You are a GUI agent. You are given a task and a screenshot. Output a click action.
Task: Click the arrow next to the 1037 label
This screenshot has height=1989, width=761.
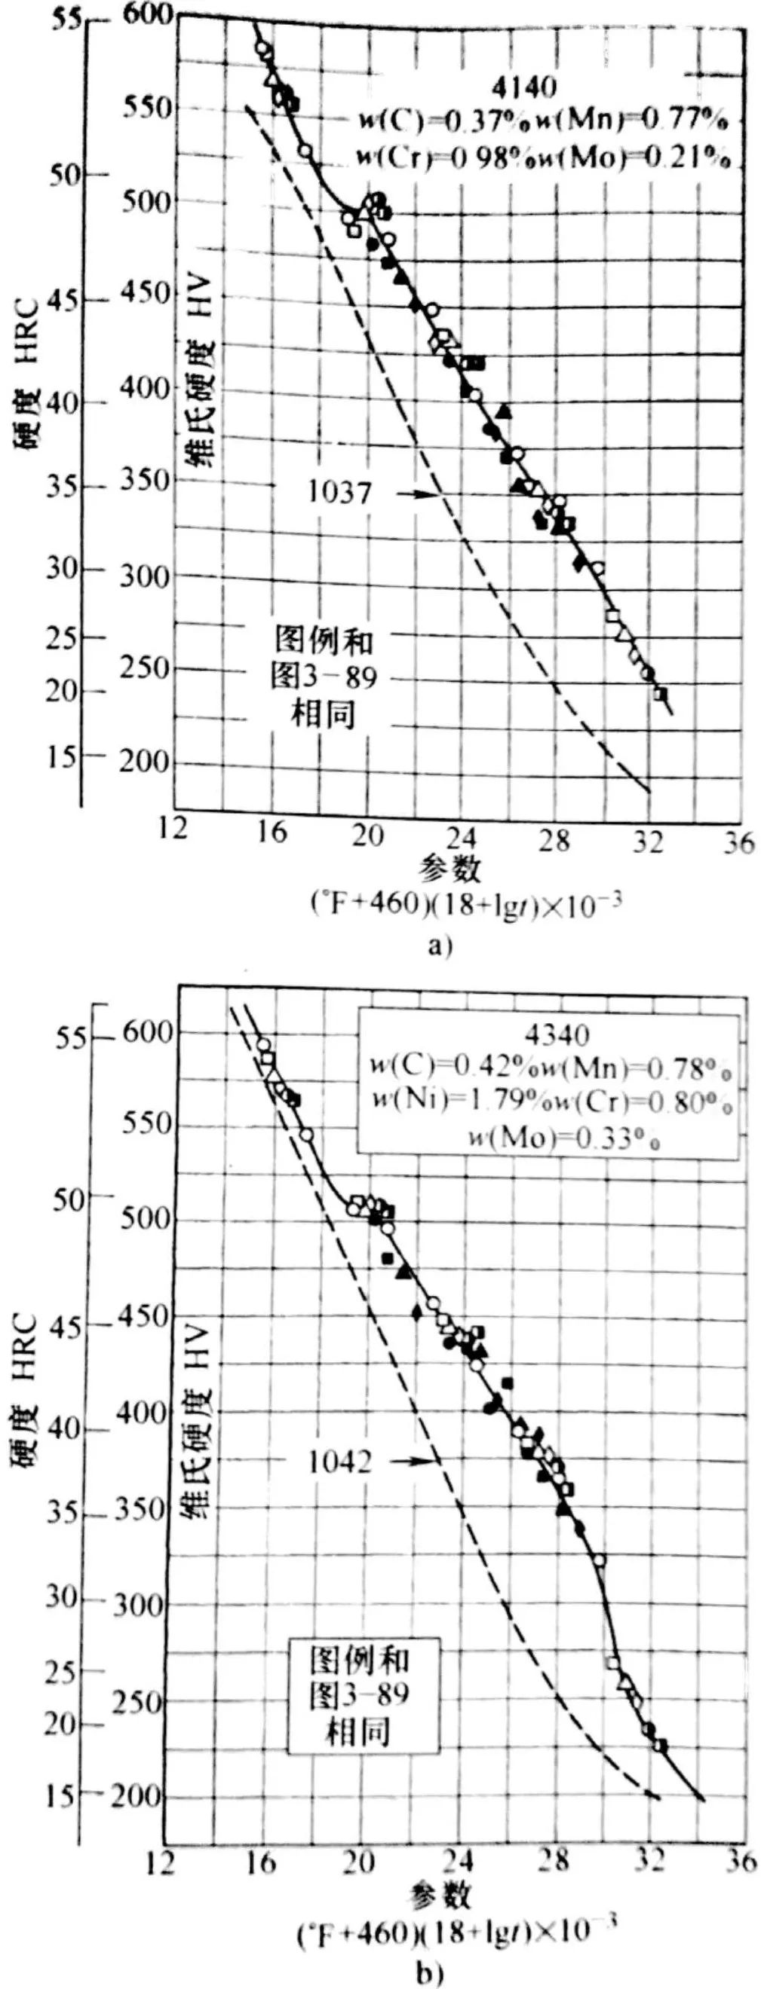[415, 493]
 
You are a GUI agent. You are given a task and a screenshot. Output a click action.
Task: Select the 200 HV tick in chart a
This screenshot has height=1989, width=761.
[147, 764]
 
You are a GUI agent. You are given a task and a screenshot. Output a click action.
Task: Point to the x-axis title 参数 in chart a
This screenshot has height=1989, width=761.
[451, 870]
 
